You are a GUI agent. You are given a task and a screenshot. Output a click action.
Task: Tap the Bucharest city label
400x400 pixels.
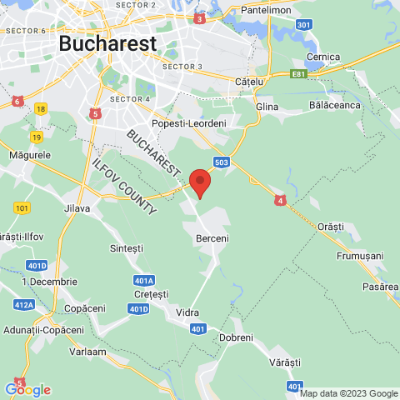coord(107,43)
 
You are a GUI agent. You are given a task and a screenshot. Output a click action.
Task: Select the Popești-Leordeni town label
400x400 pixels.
coord(189,123)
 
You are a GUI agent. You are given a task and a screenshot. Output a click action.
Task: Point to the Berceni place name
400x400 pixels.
coord(212,238)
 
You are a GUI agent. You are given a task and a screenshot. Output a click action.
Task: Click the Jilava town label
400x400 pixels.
coord(77,208)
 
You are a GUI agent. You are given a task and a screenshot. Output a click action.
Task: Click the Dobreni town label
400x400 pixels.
coord(236,337)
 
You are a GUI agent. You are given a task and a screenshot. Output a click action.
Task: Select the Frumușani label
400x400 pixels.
coord(360,256)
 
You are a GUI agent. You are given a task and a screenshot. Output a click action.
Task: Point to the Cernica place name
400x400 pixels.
coord(323,57)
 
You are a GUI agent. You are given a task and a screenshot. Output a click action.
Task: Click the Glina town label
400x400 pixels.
coord(267,107)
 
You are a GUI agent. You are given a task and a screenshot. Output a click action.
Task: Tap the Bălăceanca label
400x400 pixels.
coord(333,107)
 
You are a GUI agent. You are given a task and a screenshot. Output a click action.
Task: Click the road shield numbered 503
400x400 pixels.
coord(221,162)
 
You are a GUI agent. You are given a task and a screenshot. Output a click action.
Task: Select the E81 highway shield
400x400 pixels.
coord(300,74)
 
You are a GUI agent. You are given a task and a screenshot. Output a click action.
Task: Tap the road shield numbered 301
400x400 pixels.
coord(305,25)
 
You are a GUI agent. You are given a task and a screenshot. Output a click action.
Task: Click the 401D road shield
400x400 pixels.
coord(138,308)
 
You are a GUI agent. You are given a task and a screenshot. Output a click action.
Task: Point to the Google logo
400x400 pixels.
coord(27,389)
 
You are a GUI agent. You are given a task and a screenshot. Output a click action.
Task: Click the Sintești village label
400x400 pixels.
coord(127,248)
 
